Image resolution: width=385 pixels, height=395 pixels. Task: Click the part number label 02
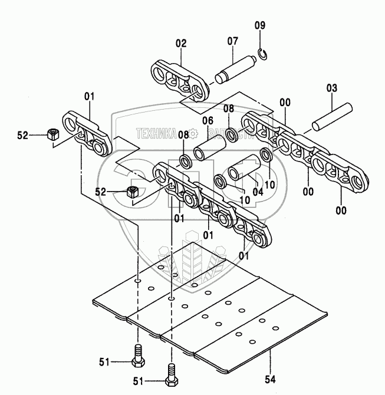[180, 43]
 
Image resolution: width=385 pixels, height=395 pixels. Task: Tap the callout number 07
[232, 41]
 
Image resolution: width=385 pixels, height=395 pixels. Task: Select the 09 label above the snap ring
[260, 25]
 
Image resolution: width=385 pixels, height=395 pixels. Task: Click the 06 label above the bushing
[208, 121]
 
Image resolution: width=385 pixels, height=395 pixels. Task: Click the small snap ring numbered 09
[264, 54]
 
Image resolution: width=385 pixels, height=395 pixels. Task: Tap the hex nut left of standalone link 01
[51, 134]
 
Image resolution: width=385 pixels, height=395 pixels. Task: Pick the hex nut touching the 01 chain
[133, 192]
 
